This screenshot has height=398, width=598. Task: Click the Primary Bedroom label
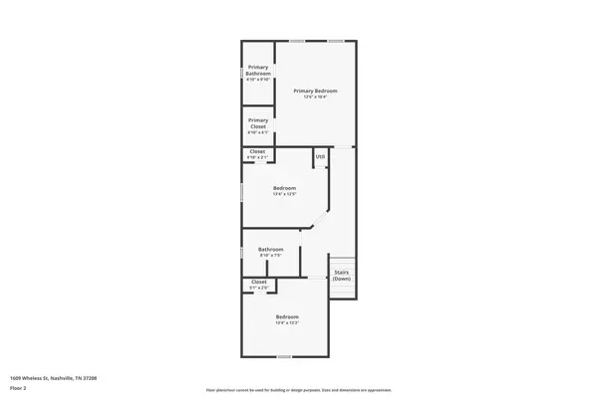[x=315, y=91]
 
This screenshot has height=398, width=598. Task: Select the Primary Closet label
[x=258, y=124]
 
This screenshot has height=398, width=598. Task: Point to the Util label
[x=320, y=156]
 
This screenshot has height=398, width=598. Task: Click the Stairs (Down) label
[x=342, y=275]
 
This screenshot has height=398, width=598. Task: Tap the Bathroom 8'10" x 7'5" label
[x=271, y=249]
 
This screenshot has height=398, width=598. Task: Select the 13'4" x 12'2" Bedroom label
[x=288, y=317]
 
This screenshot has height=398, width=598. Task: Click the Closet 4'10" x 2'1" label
[x=257, y=151]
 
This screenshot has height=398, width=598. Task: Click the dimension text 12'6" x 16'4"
[x=315, y=97]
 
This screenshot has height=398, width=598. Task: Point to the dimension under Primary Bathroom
[x=258, y=80]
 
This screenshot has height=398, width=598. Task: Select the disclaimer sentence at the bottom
[x=298, y=389]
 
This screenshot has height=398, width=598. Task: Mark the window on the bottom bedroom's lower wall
[x=285, y=356]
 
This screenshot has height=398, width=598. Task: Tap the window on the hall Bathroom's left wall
[x=242, y=253]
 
